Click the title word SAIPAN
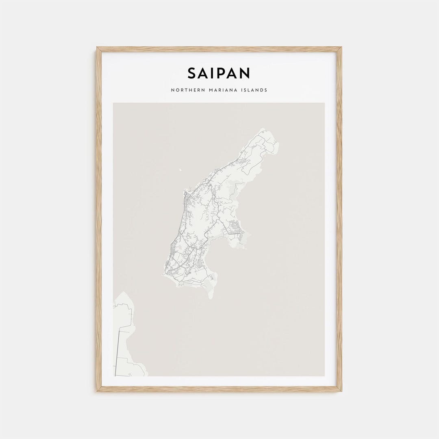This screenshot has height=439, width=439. [x=219, y=73]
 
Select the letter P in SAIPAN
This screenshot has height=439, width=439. [x=224, y=73]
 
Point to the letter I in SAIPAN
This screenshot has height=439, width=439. [x=214, y=73]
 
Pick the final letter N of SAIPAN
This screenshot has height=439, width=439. [x=244, y=73]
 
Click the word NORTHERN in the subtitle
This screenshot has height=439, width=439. [x=186, y=90]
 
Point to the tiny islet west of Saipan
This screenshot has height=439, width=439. [x=180, y=170]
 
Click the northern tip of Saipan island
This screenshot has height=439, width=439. [x=263, y=130]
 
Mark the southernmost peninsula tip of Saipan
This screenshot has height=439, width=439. [x=211, y=297]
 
